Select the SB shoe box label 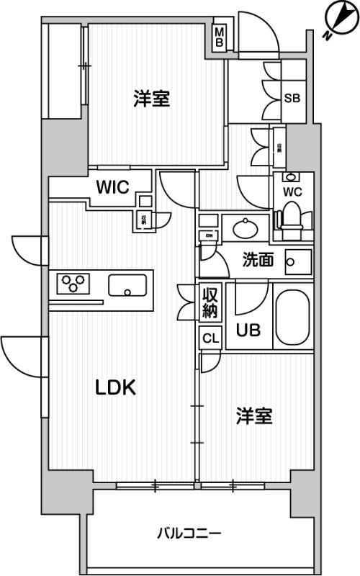point(292,98)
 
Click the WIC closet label point(113,188)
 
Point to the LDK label point(117,387)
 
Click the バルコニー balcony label point(189,534)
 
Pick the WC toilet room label point(292,192)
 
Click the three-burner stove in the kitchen point(72,283)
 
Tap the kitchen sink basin point(127,286)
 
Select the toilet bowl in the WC point(292,217)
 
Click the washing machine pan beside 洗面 point(297,261)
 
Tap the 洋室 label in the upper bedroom point(151,99)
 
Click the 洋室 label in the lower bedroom point(255,415)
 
